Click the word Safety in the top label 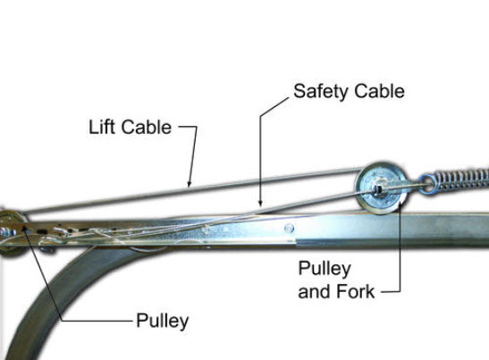[x=321, y=92]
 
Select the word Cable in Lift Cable [x=147, y=127]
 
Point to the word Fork [x=356, y=291]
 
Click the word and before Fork [x=315, y=291]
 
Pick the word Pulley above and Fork [x=325, y=269]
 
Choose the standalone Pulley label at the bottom [x=163, y=321]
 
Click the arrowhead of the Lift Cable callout [x=189, y=185]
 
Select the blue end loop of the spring [x=427, y=185]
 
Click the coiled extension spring [x=458, y=180]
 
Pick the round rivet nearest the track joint [x=289, y=228]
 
